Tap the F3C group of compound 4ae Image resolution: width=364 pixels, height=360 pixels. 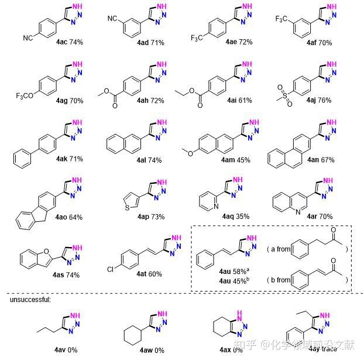pyautogui.click(x=198, y=39)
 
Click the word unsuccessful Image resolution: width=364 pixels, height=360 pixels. pyautogui.click(x=32, y=300)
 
